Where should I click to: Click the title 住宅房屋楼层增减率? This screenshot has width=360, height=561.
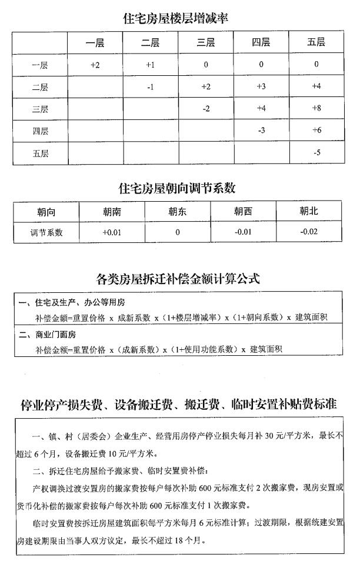[176, 18]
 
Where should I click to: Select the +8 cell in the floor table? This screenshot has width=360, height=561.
[316, 109]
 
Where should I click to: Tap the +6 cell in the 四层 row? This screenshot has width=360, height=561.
[316, 131]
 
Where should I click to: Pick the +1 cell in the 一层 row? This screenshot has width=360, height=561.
[150, 65]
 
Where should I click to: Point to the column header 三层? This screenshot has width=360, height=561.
[205, 42]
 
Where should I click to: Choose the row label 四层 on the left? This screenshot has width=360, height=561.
[41, 131]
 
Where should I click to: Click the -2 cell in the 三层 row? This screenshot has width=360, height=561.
[205, 109]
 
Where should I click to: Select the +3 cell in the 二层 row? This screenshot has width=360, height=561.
[261, 87]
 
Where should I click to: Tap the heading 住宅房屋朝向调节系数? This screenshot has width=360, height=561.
[177, 188]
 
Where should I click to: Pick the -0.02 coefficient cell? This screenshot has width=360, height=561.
[308, 232]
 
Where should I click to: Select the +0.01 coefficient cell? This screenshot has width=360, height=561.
[111, 232]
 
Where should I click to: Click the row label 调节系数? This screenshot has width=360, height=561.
[46, 232]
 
